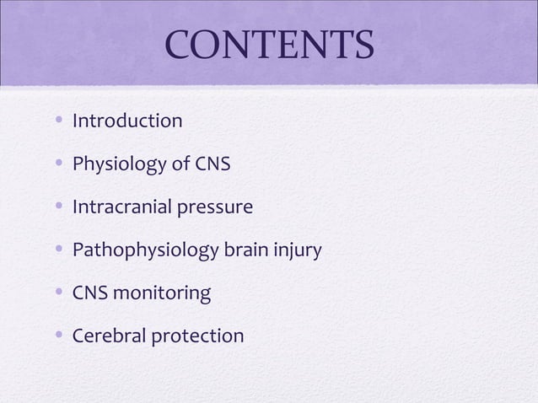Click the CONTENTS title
[269, 46]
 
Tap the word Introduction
[127, 121]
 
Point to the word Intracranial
[122, 207]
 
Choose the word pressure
[213, 207]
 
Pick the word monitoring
[164, 293]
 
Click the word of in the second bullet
[180, 164]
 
